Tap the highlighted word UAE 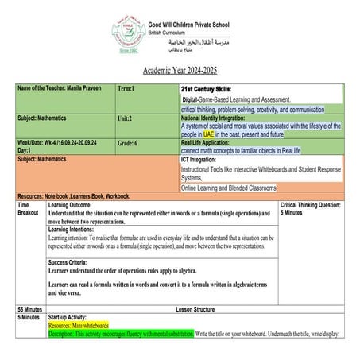click(208, 134)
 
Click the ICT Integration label click(203, 159)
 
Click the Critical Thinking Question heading click(312, 204)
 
